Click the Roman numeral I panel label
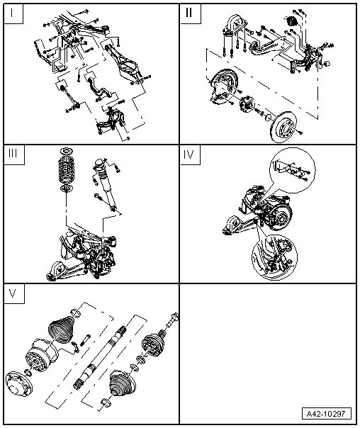coord(11,13)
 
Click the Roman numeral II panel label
coord(189,13)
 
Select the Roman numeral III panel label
coord(13,154)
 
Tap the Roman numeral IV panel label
coord(189,154)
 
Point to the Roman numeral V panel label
coord(13,293)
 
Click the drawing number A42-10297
coord(326,414)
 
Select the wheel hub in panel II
coord(247,103)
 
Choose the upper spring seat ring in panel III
coord(67,151)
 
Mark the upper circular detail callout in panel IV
coord(292,171)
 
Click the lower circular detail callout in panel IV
coord(274,257)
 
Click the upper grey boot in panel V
coord(62,328)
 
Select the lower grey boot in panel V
coord(120,382)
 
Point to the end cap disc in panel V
coord(18,383)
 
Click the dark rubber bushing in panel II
coord(292,21)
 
